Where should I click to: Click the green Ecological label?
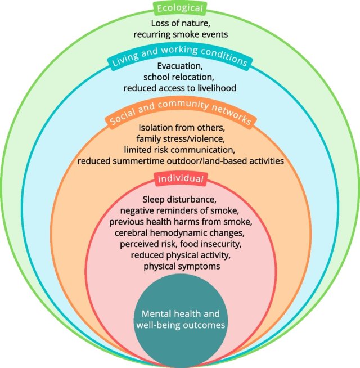tap(180, 8)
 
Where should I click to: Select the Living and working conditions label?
tap(180, 60)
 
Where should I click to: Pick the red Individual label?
tap(180, 179)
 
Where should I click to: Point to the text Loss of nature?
tap(180, 24)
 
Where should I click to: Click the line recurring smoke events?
tap(180, 34)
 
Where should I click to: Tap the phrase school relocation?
tap(180, 78)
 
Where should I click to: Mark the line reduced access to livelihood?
tap(180, 88)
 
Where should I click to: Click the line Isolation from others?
tap(180, 128)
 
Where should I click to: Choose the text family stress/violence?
tap(180, 138)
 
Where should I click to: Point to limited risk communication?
tap(180, 150)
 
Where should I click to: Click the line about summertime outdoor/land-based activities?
tap(180, 161)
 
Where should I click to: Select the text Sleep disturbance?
tap(180, 199)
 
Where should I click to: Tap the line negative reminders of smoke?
tap(180, 210)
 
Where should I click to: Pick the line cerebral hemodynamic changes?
tap(180, 233)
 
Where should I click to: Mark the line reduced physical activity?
tap(180, 255)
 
